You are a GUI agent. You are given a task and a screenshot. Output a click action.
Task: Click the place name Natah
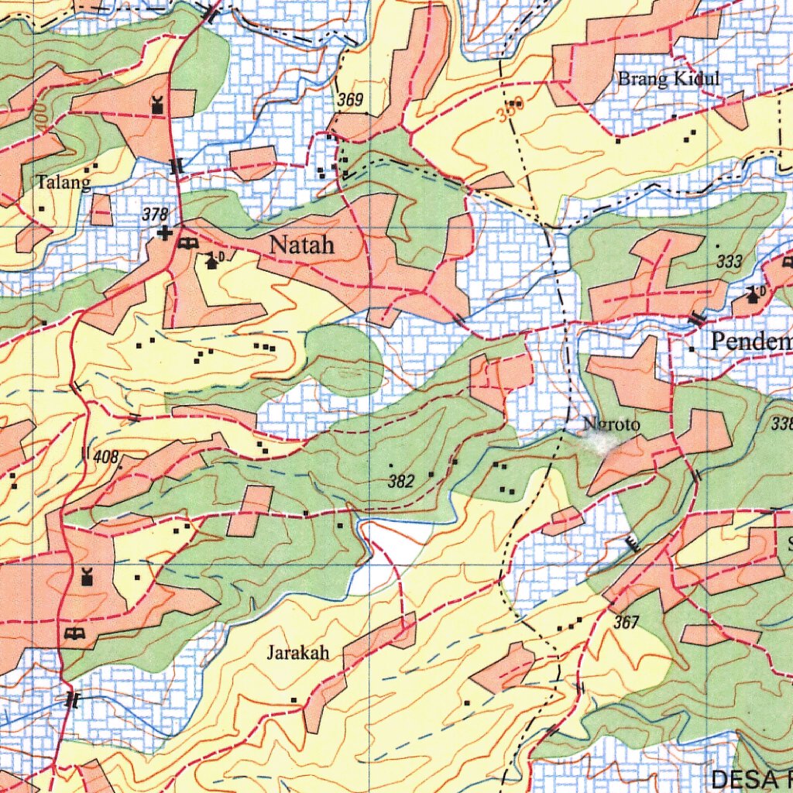click(x=301, y=245)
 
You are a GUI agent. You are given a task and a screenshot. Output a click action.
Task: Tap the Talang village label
click(x=64, y=182)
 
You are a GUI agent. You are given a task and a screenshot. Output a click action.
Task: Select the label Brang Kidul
click(x=668, y=78)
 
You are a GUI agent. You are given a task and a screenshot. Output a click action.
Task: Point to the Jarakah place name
click(x=298, y=653)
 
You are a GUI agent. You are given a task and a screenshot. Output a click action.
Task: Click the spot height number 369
click(x=350, y=100)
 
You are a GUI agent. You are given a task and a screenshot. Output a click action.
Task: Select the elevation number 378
click(x=155, y=215)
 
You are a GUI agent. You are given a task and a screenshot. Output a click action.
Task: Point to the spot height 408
click(x=106, y=457)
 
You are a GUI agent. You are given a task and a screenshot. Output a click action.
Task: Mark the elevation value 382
click(x=400, y=482)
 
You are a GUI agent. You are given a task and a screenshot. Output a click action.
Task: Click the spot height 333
click(x=729, y=262)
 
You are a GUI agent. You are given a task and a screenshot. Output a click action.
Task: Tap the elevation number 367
click(x=627, y=622)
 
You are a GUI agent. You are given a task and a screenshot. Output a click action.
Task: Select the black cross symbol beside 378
click(x=163, y=232)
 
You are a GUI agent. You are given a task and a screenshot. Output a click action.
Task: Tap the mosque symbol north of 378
click(x=158, y=105)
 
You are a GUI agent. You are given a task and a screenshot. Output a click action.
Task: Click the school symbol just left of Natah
click(x=211, y=261)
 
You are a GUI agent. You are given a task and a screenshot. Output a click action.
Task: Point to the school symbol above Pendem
click(x=753, y=294)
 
